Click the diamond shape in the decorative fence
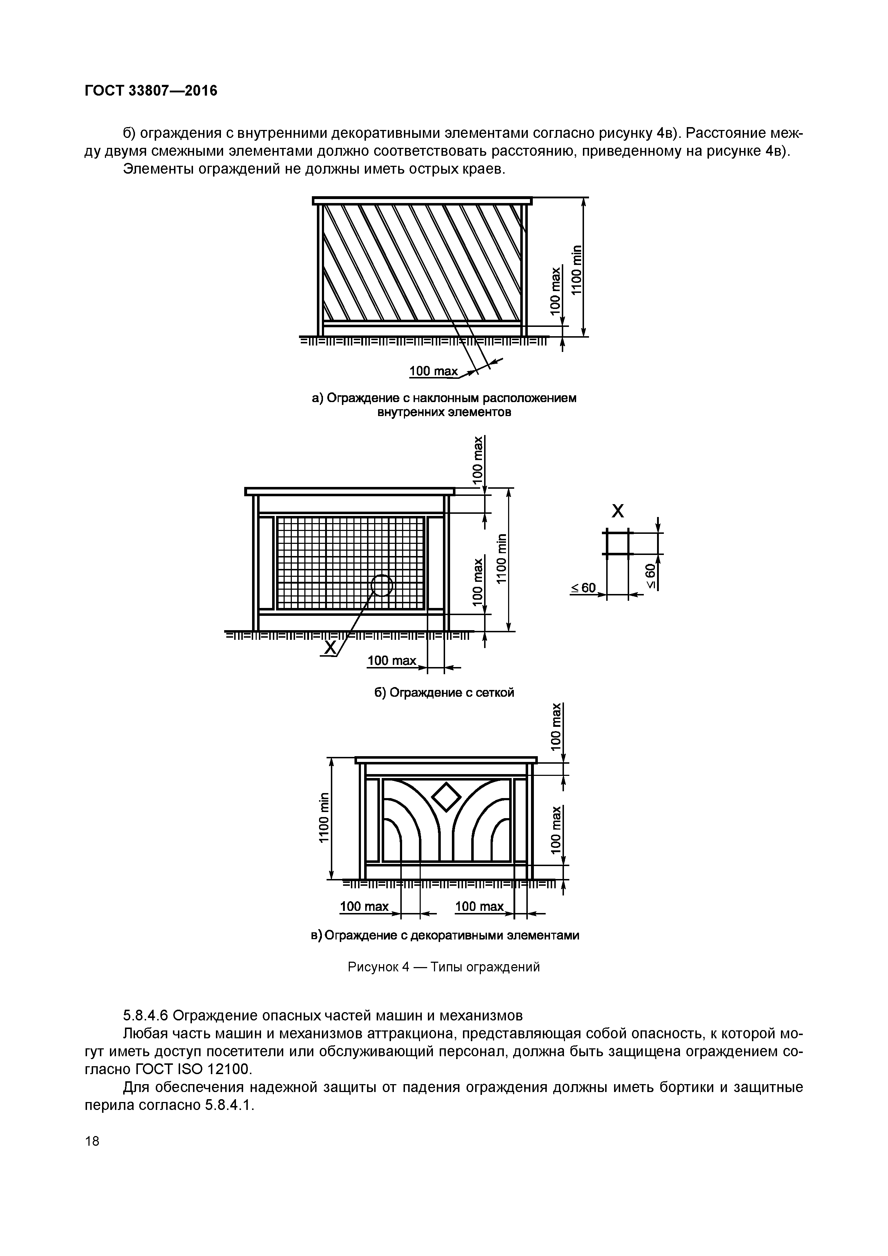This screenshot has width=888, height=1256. point(447,797)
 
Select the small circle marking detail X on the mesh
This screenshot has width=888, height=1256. point(382,585)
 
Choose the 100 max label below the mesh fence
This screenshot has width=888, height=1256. point(392,661)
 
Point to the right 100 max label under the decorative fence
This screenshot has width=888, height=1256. point(479,907)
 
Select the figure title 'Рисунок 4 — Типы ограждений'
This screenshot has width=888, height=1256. point(444,967)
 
